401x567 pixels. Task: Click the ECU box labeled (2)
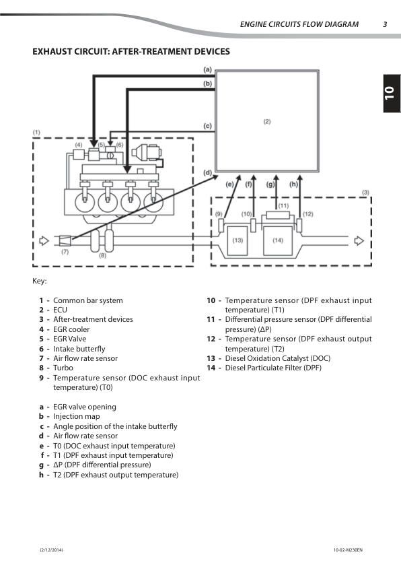tap(267, 121)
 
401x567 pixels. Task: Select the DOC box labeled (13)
tap(238, 240)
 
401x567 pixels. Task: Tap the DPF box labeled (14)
tap(278, 240)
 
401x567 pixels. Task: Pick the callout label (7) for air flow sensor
tap(65, 252)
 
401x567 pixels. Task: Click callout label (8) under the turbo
tap(102, 256)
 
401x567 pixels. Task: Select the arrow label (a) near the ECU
tap(208, 69)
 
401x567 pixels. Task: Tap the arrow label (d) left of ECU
tap(208, 172)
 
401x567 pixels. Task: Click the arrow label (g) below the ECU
tap(270, 184)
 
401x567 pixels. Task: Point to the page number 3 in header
tap(385, 25)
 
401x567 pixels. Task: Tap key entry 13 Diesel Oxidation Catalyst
tap(268, 359)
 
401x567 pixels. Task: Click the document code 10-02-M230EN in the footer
tap(347, 551)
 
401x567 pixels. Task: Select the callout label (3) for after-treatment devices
tap(365, 193)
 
